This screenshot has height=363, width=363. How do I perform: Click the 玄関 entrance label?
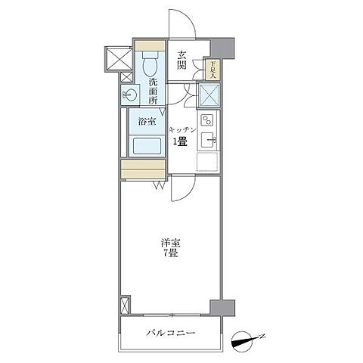click(182, 59)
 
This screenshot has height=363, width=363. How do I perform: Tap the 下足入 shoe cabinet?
click(213, 70)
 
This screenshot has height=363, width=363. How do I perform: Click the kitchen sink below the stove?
click(209, 139)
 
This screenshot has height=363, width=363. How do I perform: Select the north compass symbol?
click(246, 339)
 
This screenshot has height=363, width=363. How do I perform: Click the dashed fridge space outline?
click(208, 161)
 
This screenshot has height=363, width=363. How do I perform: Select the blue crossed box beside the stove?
click(208, 95)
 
